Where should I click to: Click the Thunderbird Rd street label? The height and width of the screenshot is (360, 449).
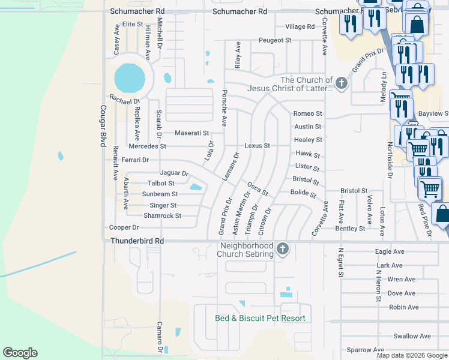[137, 241]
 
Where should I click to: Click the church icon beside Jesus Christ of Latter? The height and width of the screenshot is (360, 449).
[342, 83]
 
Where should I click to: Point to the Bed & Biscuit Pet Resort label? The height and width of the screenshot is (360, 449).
[261, 318]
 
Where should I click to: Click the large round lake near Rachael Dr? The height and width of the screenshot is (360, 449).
[130, 77]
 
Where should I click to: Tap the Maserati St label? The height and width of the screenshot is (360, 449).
[191, 133]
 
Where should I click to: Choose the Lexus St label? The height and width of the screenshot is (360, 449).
[258, 146]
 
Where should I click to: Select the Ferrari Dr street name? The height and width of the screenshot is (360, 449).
[134, 160]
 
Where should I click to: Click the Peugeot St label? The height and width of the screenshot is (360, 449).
[274, 40]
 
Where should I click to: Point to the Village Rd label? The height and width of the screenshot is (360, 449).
[300, 26]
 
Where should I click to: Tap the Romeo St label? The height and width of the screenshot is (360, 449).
[308, 113]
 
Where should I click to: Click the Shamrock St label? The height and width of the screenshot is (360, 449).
[162, 216]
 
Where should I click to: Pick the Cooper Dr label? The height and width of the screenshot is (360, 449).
[124, 227]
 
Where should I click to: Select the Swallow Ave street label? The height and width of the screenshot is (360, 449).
[412, 336]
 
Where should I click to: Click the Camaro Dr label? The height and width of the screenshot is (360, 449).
[160, 339]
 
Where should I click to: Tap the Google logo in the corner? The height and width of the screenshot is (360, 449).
[20, 353]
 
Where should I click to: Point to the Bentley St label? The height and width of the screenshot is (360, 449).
[350, 229]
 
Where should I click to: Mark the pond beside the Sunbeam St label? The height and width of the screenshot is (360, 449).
[196, 188]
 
